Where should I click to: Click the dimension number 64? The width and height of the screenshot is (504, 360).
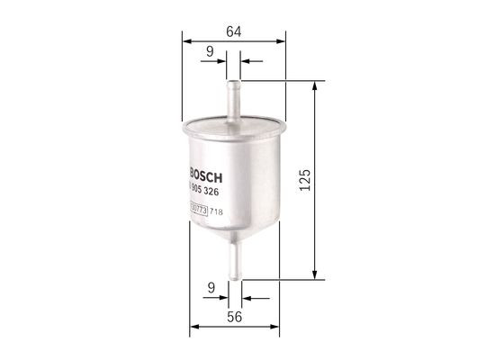[x=233, y=32]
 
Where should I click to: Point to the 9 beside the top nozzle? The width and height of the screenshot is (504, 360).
[x=209, y=52]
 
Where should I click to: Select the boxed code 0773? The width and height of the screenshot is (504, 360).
[x=200, y=211]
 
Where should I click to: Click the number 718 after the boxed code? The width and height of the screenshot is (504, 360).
[x=216, y=211]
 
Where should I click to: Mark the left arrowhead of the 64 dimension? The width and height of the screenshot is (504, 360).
[x=186, y=40]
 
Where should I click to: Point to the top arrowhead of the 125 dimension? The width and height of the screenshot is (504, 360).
[x=315, y=86]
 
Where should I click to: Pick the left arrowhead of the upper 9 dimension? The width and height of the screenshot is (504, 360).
[x=223, y=61]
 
